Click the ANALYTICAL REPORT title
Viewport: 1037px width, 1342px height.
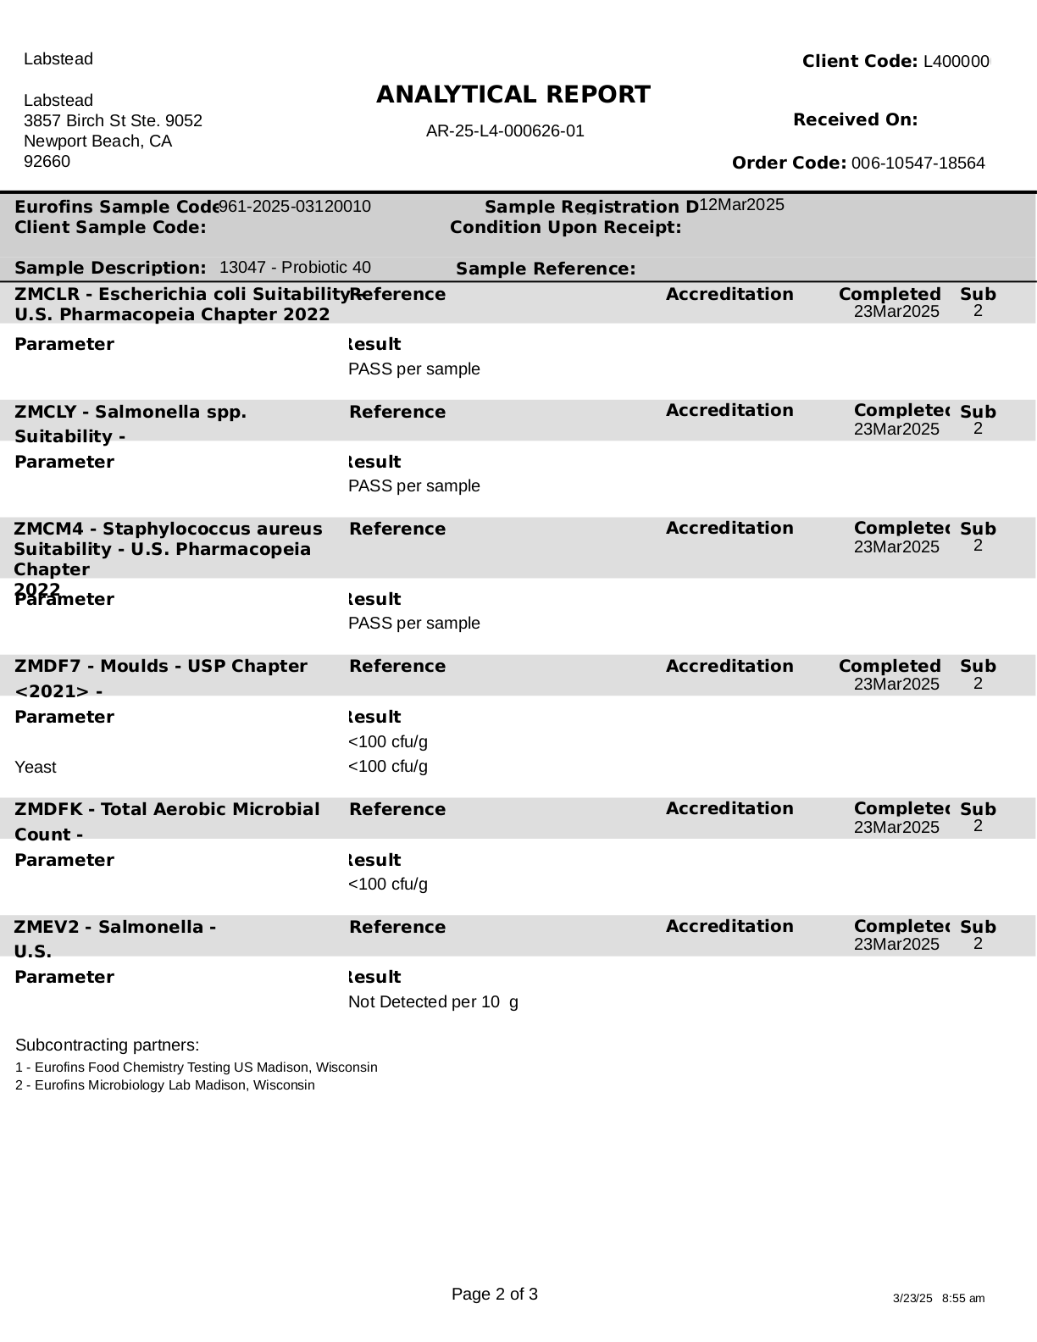[513, 95]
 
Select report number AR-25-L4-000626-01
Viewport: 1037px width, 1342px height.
[505, 131]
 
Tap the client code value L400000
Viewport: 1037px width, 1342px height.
[957, 62]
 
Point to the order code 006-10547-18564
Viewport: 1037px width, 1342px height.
[918, 164]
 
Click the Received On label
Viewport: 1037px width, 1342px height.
[855, 120]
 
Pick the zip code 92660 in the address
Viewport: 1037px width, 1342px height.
[47, 161]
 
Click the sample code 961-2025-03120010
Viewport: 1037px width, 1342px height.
[295, 206]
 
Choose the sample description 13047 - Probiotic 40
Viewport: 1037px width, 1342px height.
[295, 268]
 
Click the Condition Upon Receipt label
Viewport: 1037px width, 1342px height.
[565, 228]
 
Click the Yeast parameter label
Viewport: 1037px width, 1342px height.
[36, 768]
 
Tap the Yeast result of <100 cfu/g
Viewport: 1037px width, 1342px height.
[388, 767]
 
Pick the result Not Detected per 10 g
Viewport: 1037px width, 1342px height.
[433, 1002]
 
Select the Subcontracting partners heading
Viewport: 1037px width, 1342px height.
[108, 1045]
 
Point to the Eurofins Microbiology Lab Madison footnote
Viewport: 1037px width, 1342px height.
[165, 1085]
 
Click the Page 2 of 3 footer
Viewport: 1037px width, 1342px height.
[495, 1295]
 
